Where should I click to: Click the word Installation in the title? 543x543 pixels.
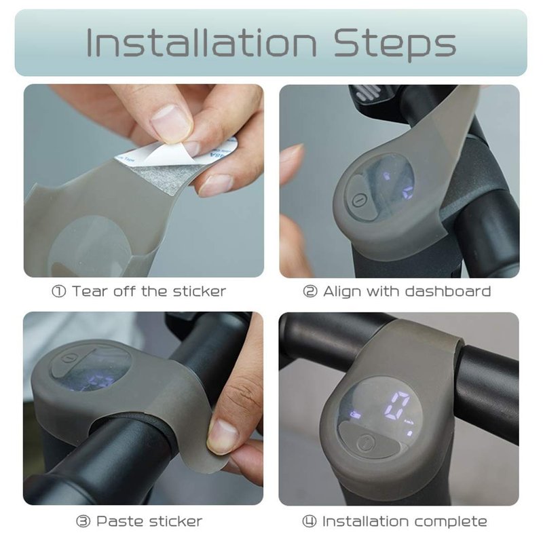pos(201,43)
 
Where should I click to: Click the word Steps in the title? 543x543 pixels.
pos(395,45)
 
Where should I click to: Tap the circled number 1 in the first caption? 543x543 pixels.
pos(58,291)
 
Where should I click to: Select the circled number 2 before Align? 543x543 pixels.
pos(310,291)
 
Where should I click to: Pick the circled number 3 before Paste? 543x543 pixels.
pos(83,521)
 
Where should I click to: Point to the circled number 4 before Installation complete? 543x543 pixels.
pos(310,521)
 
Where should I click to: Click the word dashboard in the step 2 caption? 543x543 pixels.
pos(447,291)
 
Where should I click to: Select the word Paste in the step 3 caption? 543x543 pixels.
pos(120,521)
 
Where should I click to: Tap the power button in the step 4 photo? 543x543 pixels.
pos(366,443)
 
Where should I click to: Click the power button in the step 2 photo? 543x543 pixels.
pos(359,200)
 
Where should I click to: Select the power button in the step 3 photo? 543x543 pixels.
pos(69,358)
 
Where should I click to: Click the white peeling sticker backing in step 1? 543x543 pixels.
pos(163,153)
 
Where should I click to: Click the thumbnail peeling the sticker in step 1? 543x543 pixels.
pos(172,124)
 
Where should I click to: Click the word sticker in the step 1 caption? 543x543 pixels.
pos(200,291)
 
